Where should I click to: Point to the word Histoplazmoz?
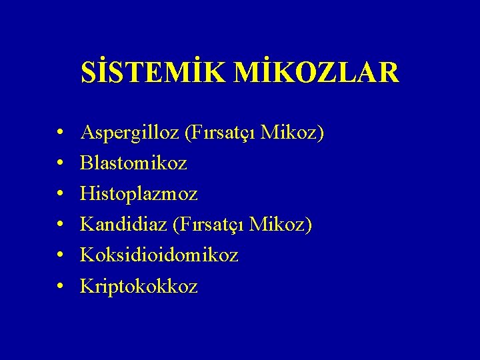click(139, 194)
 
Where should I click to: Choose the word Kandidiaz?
click(123, 225)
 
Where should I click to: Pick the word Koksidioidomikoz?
click(159, 255)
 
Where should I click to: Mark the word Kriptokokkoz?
click(139, 286)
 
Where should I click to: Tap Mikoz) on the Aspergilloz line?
click(293, 133)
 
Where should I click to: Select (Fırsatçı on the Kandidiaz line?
click(207, 225)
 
